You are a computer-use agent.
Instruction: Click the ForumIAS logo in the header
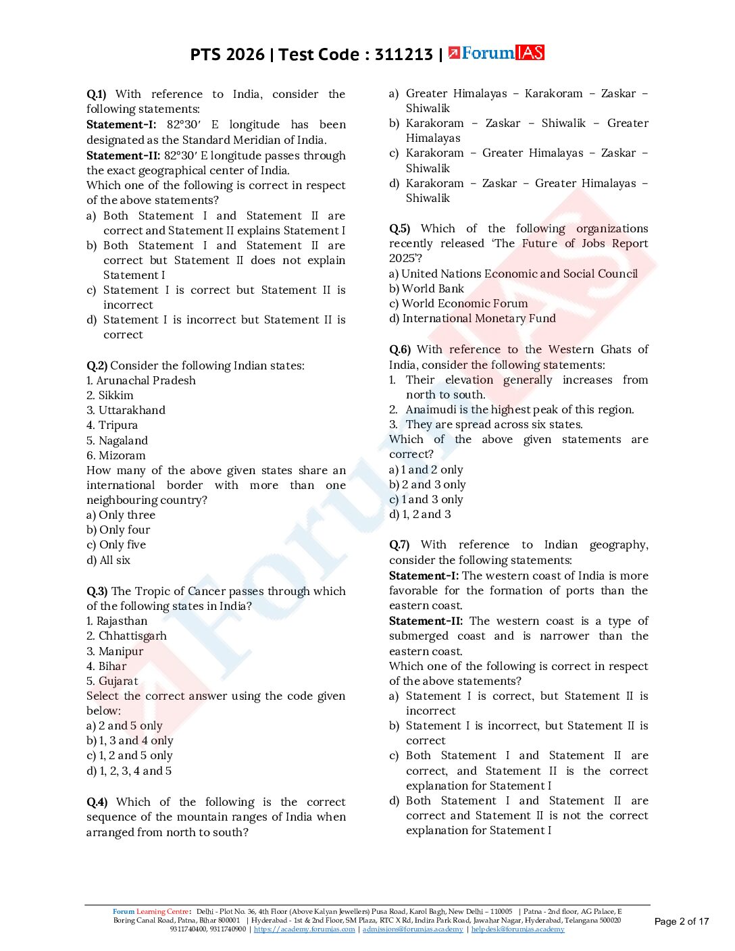[497, 53]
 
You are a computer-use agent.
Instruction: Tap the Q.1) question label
[96, 94]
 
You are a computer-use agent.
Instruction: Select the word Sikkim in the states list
[116, 395]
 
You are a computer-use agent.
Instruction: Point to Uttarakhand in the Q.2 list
[132, 410]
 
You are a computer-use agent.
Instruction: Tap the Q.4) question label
[97, 802]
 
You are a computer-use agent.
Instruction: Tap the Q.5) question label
[399, 228]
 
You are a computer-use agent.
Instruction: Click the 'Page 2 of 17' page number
[682, 921]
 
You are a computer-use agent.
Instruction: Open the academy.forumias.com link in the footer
[304, 929]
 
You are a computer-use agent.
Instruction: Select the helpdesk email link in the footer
[517, 929]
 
